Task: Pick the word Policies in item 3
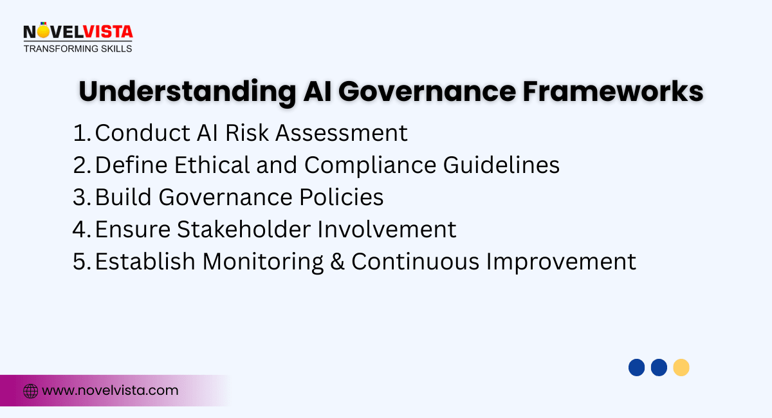tap(344, 197)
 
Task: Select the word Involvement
tap(398, 230)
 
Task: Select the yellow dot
tap(681, 368)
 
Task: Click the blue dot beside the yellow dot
tap(659, 368)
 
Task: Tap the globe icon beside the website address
tap(30, 390)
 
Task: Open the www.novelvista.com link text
tap(110, 390)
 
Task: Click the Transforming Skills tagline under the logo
tap(78, 48)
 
